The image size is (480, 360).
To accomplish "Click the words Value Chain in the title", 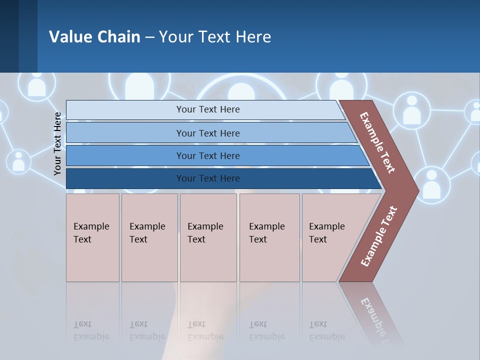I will click(x=94, y=36).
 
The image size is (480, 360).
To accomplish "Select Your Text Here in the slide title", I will click(x=215, y=36).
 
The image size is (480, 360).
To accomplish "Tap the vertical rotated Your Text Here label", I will click(x=58, y=143).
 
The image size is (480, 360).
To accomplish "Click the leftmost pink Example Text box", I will click(x=92, y=237).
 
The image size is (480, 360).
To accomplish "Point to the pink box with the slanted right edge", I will click(x=330, y=237).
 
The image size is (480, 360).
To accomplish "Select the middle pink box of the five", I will click(x=208, y=237).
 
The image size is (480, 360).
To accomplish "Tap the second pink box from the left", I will click(x=149, y=237).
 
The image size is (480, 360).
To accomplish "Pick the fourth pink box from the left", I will click(x=269, y=237).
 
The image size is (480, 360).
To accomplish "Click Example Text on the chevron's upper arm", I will click(x=377, y=143).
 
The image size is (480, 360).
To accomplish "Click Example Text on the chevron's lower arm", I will click(x=379, y=236).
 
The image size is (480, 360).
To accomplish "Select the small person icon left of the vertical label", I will click(x=18, y=161).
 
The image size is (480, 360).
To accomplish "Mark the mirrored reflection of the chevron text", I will click(x=375, y=315).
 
